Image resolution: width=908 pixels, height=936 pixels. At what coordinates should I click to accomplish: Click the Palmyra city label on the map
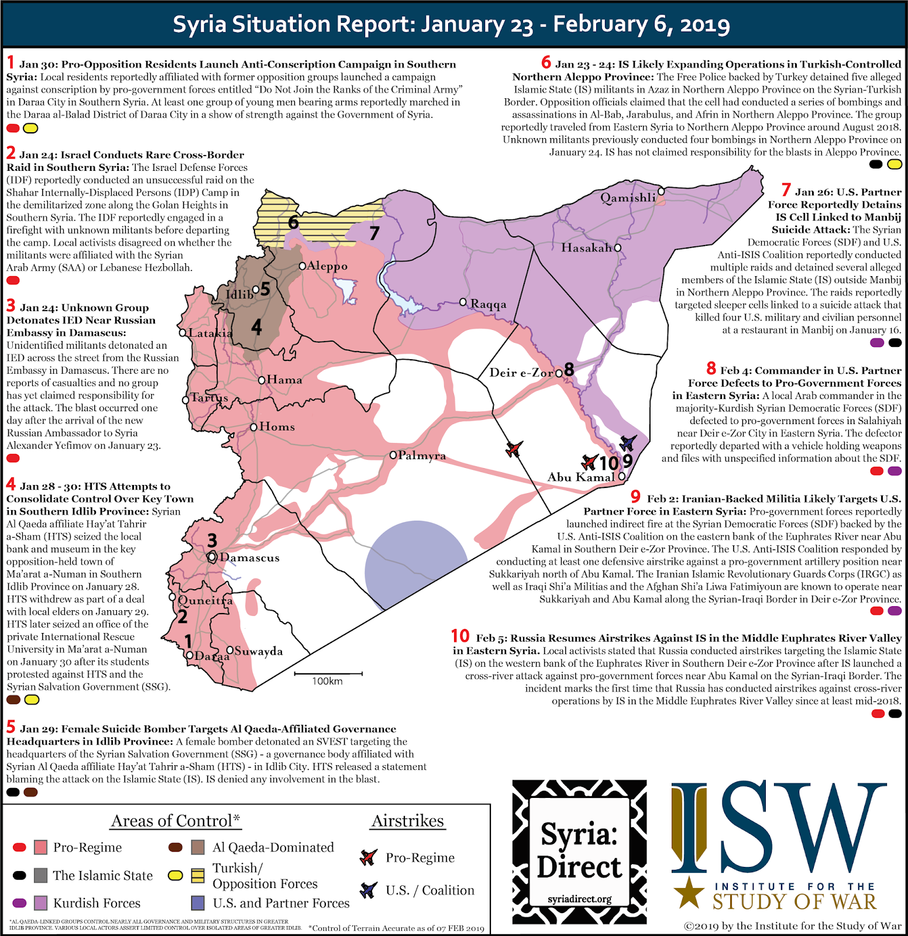(x=422, y=456)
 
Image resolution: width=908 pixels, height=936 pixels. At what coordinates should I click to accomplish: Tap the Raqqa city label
(x=489, y=304)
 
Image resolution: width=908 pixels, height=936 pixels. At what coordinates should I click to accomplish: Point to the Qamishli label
(x=628, y=198)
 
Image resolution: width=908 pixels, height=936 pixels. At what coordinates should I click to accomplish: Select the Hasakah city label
(x=586, y=247)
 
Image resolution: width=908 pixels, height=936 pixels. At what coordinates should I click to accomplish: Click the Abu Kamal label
(x=581, y=477)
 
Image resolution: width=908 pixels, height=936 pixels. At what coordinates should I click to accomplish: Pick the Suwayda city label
(x=259, y=651)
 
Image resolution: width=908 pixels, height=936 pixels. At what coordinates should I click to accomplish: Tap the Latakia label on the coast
(x=210, y=333)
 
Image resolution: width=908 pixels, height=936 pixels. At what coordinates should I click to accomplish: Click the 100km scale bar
(x=328, y=675)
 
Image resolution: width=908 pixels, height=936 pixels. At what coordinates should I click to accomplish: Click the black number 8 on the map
(x=569, y=370)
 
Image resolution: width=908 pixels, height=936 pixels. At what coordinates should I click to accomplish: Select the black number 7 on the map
(x=374, y=233)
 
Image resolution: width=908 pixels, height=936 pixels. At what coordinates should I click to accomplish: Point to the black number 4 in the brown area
(x=256, y=327)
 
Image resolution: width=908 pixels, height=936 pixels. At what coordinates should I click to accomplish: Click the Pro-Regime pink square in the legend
(x=40, y=847)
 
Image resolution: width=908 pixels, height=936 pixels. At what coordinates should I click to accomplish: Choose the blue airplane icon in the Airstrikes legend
(x=368, y=890)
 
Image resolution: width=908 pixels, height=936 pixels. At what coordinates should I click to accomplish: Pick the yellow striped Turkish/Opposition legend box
(x=198, y=875)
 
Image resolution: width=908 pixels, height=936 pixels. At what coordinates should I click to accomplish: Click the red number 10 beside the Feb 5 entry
(x=460, y=636)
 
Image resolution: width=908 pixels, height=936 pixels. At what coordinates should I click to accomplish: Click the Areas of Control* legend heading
(x=176, y=821)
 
